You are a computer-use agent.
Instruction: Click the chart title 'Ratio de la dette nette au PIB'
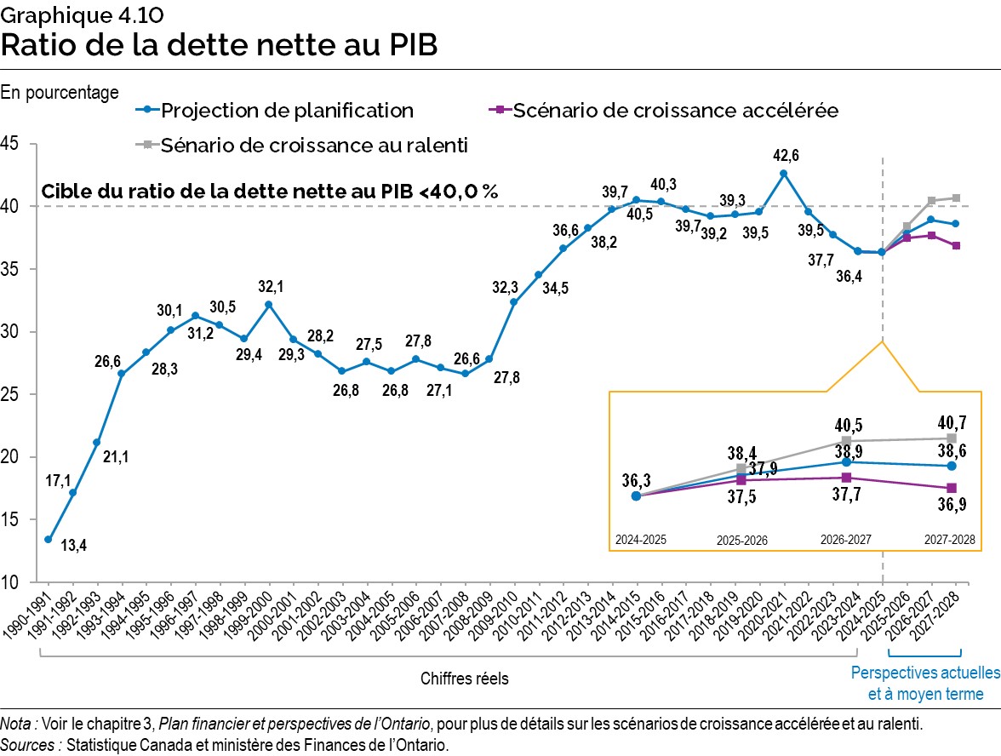coord(220,45)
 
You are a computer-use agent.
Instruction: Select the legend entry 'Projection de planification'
coord(286,110)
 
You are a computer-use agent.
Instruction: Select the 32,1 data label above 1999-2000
coord(268,286)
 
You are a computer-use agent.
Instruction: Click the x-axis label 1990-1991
coord(33,621)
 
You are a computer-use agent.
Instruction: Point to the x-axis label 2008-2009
coord(474,621)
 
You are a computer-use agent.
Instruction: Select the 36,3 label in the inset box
coord(636,478)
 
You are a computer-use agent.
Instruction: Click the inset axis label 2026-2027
coord(846,540)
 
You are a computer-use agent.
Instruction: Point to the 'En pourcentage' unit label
coord(60,92)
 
